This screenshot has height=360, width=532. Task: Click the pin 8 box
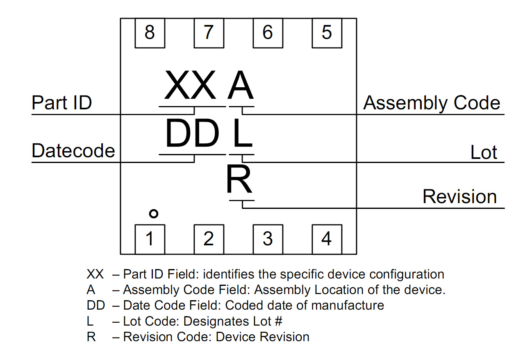tap(150, 33)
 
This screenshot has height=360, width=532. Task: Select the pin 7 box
tap(209, 33)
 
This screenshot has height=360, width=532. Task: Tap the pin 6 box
tap(268, 33)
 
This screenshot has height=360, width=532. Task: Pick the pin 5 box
tap(327, 33)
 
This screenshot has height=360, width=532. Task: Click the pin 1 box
tap(150, 239)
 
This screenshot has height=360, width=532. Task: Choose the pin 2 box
tap(209, 239)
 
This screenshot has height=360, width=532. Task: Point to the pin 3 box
tap(268, 239)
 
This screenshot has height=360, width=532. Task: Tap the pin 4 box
tap(327, 239)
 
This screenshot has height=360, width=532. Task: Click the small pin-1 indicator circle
tap(153, 213)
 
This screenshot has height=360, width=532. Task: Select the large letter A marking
tap(241, 86)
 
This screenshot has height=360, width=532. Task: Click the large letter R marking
tap(239, 180)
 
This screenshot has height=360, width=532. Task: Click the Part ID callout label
tap(61, 103)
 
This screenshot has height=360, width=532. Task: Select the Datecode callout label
tap(73, 151)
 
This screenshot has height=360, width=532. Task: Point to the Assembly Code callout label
tap(432, 103)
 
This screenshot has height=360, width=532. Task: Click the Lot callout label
tap(484, 153)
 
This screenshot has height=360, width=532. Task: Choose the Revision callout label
tap(459, 197)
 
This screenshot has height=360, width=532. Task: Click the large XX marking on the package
tap(190, 86)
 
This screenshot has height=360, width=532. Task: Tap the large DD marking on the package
tap(192, 134)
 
